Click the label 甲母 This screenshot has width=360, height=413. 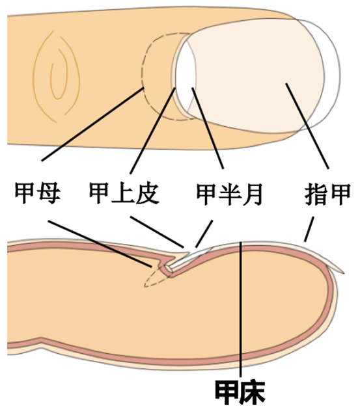coord(38,193)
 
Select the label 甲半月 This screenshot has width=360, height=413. coord(230,194)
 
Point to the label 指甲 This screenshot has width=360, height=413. coord(327,194)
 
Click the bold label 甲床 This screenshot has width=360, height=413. coord(240,392)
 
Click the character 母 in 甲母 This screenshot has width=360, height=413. coord(49,193)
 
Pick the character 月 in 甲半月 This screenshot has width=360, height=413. coord(252,194)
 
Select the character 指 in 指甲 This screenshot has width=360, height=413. coord(316,194)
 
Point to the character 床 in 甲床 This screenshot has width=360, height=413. coord(253,392)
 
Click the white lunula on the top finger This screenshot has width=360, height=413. coord(186,76)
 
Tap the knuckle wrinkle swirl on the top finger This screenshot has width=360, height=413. coord(56,76)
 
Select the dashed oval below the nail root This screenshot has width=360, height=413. coord(156,277)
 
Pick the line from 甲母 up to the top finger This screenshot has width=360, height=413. coord(93,124)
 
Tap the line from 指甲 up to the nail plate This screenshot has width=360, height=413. coord(307,126)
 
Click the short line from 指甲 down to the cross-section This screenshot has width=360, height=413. coord(309,229)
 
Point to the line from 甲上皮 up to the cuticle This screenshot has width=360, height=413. coord(152,131)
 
